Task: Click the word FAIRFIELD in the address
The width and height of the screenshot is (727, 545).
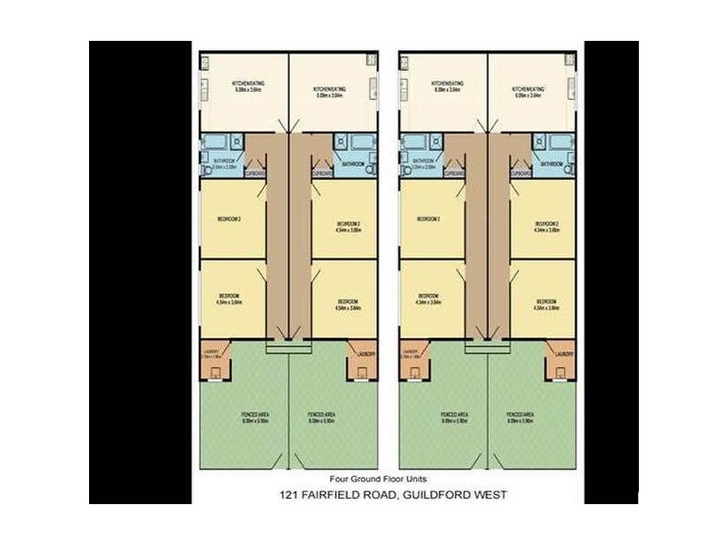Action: [339, 494]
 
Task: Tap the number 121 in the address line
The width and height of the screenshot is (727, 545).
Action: [290, 494]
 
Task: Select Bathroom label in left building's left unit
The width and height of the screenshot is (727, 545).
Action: [223, 162]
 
